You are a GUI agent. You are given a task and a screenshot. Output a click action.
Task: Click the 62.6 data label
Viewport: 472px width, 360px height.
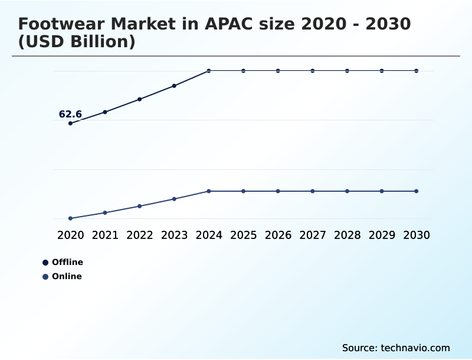point(70,114)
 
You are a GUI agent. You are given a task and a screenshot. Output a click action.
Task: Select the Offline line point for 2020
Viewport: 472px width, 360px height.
point(70,123)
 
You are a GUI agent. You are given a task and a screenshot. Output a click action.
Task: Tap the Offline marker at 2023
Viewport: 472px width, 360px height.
point(174,86)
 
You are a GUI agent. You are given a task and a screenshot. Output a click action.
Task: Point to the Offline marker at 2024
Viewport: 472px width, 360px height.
point(209,71)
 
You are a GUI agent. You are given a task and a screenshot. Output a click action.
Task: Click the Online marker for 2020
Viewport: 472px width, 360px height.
point(70,218)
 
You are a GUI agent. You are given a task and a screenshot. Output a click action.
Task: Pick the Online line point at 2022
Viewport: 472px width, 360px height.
point(140,206)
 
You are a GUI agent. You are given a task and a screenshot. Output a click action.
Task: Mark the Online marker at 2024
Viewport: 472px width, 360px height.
point(209,191)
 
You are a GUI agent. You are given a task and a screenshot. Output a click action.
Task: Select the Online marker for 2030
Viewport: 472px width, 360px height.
point(417,191)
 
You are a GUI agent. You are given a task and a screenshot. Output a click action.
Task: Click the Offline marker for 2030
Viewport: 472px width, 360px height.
point(417,71)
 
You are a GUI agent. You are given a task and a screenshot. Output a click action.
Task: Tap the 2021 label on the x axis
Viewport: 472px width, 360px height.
point(105,235)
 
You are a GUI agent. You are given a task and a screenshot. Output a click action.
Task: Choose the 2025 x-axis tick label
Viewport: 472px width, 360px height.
point(243,235)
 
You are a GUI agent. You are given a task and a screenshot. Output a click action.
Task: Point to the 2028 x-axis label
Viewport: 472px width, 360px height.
point(347,235)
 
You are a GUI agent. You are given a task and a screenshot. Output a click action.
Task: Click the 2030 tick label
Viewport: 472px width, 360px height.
point(417,235)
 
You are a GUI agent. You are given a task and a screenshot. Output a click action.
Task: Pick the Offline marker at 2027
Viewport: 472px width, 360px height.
point(313,71)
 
